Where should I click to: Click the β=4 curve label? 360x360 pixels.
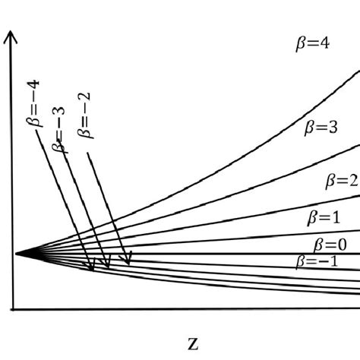point(311,44)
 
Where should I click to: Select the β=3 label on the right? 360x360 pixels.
point(317,128)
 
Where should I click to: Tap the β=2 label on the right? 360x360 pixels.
point(341,181)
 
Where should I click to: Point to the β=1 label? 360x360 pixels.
point(324,216)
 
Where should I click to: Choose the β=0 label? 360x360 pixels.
point(330,245)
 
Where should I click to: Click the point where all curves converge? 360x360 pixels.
point(15,253)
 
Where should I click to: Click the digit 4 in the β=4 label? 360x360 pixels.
point(324,44)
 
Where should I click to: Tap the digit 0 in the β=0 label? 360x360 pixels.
point(342,245)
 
